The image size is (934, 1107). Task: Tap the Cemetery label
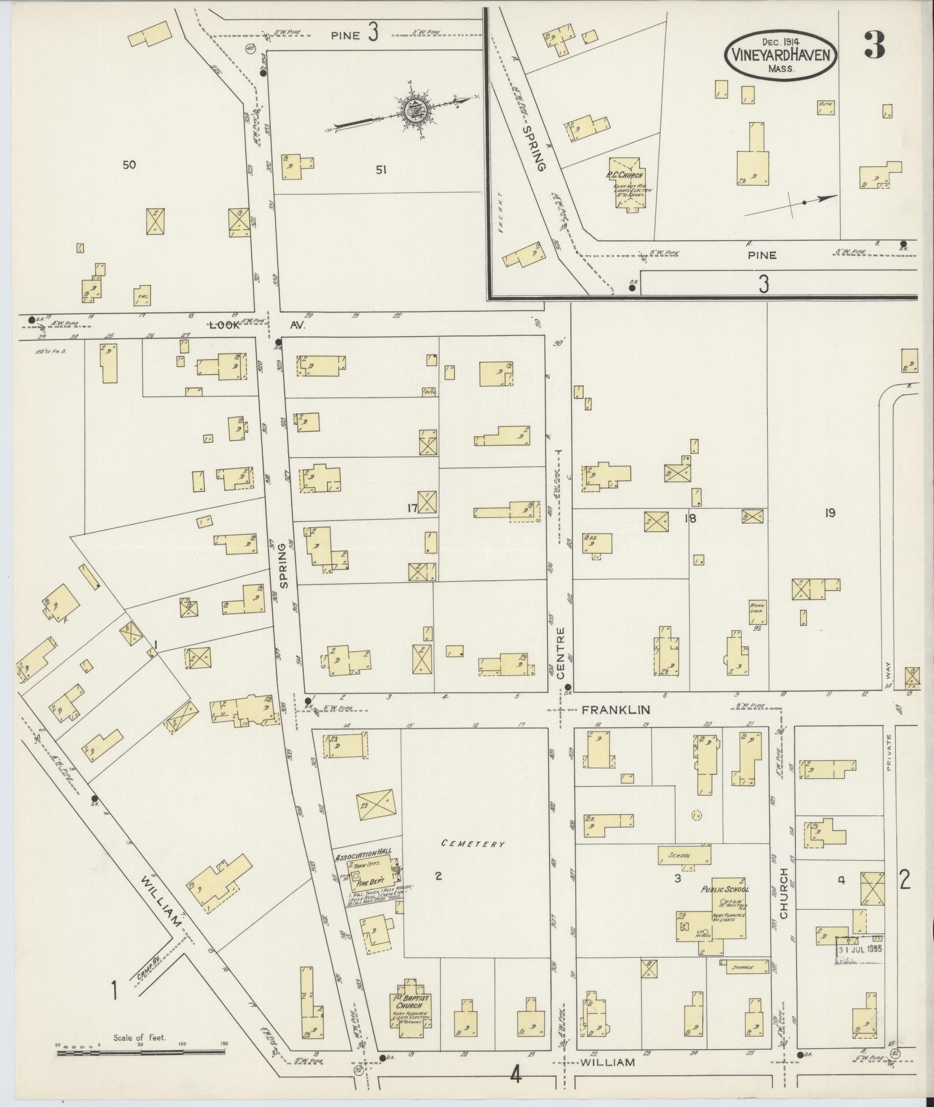point(473,844)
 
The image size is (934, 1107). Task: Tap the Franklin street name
point(616,709)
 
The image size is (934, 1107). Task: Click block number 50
point(129,165)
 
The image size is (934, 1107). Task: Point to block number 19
point(830,513)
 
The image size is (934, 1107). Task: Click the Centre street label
point(561,652)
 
